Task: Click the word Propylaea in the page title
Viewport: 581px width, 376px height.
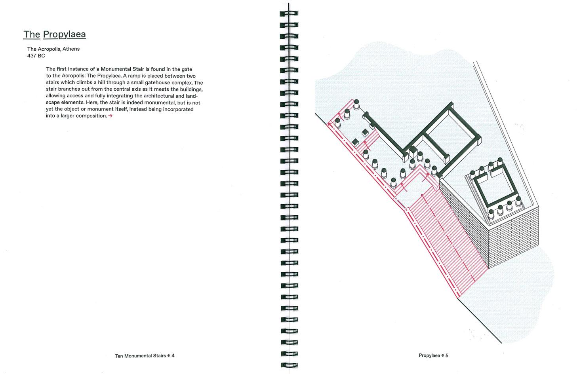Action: point(64,34)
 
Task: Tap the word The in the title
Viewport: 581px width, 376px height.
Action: point(32,34)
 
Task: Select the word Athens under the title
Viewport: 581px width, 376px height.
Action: point(71,49)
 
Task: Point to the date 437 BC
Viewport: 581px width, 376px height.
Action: point(36,56)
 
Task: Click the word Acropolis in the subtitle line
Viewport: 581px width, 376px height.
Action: point(50,49)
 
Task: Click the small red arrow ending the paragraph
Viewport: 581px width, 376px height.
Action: point(110,116)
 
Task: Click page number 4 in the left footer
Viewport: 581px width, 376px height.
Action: point(173,355)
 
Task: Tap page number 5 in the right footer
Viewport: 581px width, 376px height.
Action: point(447,355)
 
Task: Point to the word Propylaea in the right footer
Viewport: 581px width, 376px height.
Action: point(429,355)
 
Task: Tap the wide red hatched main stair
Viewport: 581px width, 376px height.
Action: point(444,237)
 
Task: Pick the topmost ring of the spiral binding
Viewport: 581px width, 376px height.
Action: point(290,13)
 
